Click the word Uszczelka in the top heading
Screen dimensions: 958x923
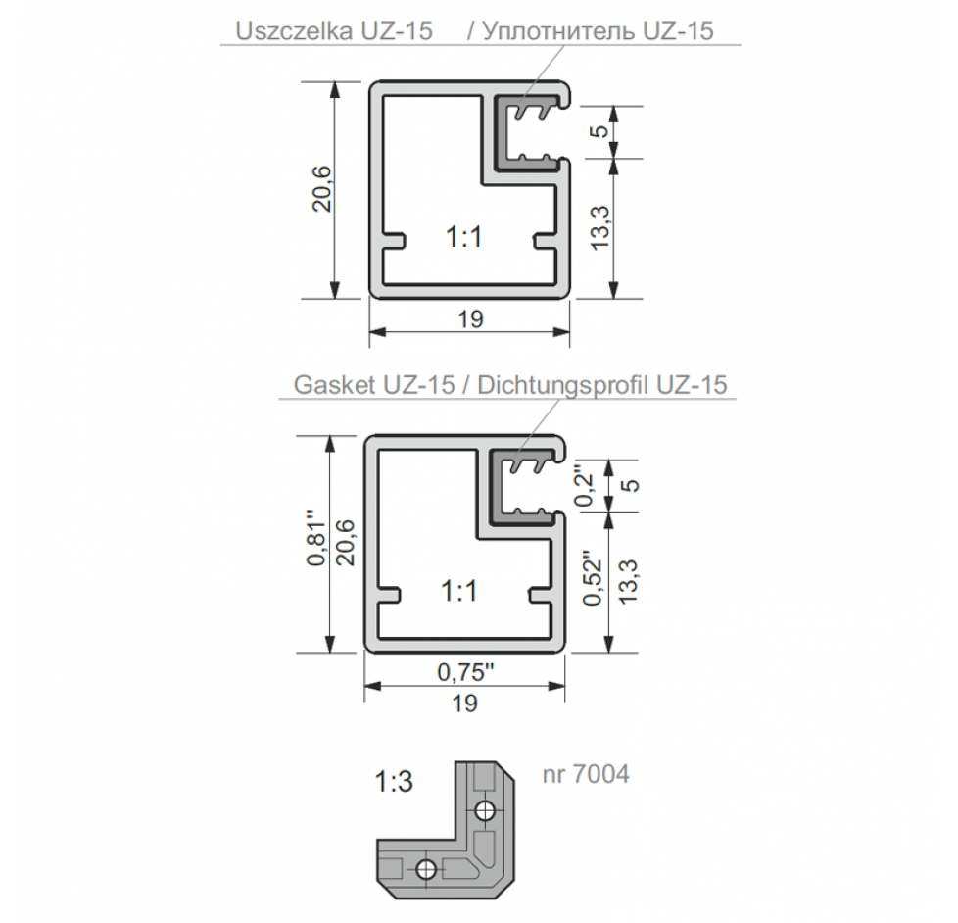pos(294,30)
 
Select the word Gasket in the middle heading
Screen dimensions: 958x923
pos(334,384)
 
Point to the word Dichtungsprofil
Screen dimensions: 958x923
pos(564,385)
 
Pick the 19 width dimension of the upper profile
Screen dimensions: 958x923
pos(470,319)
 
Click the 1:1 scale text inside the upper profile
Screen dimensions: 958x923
pos(464,237)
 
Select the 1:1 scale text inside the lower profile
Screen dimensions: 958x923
pos(458,591)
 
